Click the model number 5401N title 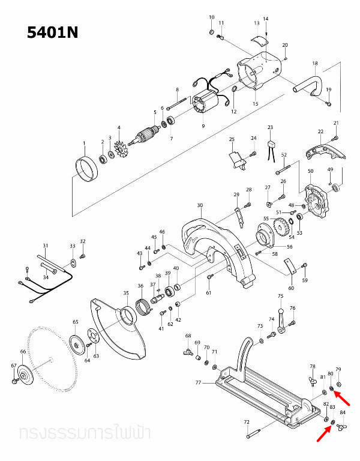pyautogui.click(x=53, y=32)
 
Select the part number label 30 pyautogui.click(x=200, y=205)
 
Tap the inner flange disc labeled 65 pyautogui.click(x=76, y=345)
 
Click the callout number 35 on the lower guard pyautogui.click(x=126, y=293)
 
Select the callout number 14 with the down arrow pyautogui.click(x=266, y=19)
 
